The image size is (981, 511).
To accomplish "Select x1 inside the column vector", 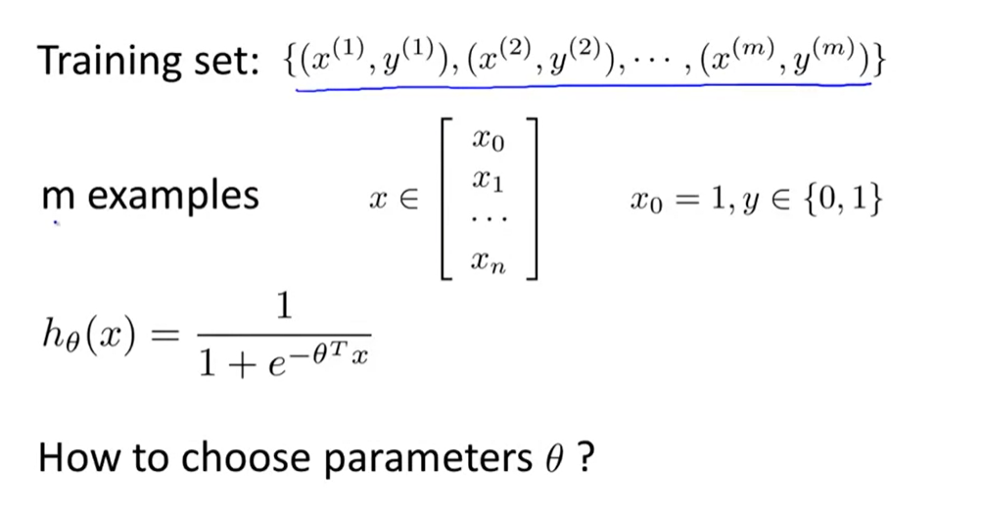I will pyautogui.click(x=487, y=180).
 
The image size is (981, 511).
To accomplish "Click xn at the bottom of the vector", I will pyautogui.click(x=487, y=261).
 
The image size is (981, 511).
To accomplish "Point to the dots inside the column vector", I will pyautogui.click(x=487, y=221).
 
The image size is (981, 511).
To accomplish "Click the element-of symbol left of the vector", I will pyautogui.click(x=406, y=199).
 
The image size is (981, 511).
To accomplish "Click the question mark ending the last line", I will pyautogui.click(x=584, y=456).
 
